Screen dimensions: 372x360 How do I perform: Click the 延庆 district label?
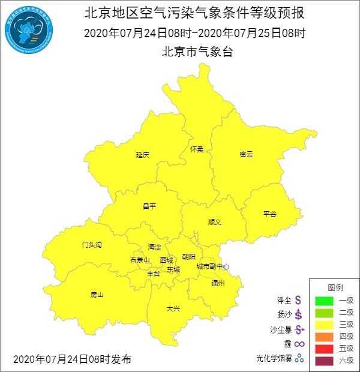142,155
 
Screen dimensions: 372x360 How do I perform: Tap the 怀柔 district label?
197,149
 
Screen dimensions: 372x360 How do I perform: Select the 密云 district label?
246,154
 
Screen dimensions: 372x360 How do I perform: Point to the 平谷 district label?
269,214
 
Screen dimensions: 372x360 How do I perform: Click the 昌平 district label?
149,206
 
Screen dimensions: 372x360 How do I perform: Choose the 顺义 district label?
214,222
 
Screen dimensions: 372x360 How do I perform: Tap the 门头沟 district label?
92,245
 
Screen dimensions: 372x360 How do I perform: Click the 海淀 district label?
154,247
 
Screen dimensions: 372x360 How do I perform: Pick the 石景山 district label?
139,260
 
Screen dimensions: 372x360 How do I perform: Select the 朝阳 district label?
188,256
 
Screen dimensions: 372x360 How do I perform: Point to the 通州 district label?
217,283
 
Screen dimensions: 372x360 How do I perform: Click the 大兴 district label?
173,308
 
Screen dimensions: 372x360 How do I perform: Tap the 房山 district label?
97,295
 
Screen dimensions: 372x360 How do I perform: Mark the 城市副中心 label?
212,266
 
